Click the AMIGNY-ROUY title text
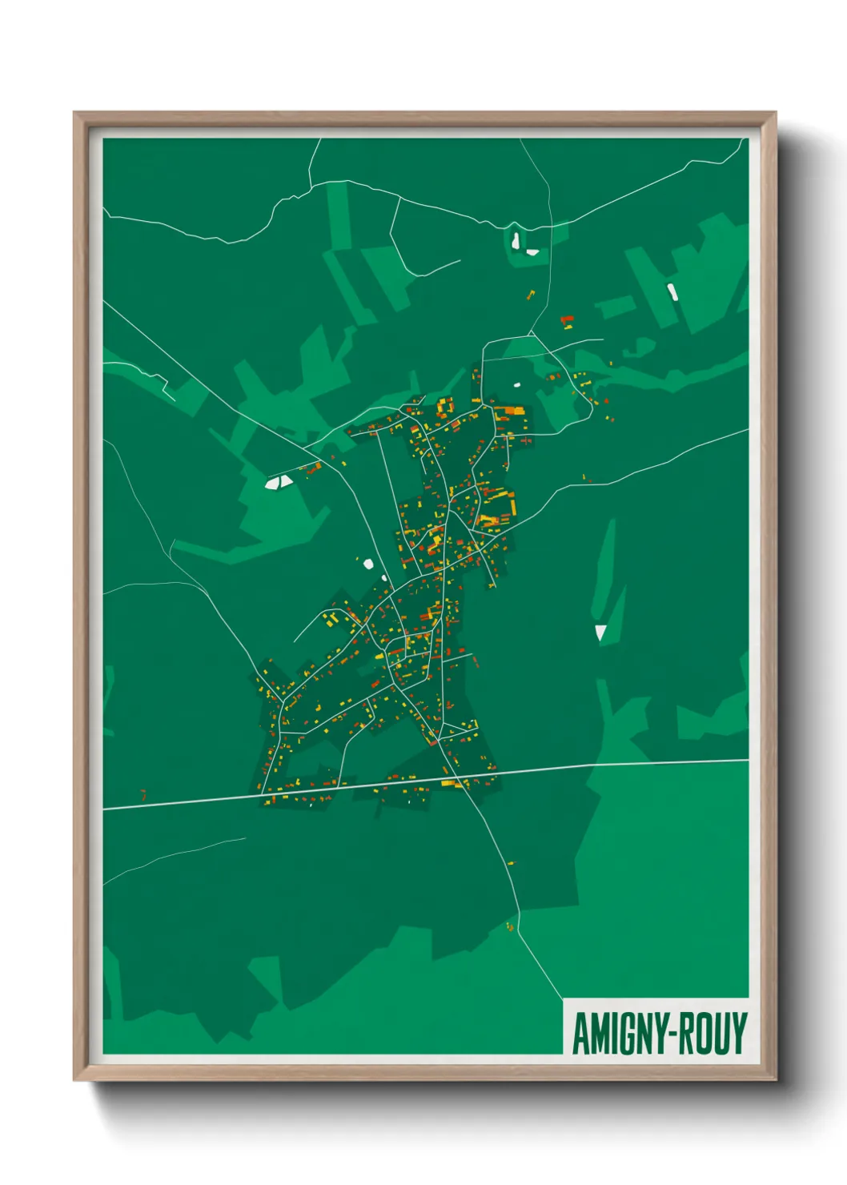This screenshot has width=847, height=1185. [x=659, y=1033]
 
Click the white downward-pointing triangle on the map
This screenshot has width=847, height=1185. [x=600, y=633]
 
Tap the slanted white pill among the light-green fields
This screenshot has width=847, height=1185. [x=672, y=291]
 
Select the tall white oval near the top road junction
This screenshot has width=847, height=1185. [x=516, y=239]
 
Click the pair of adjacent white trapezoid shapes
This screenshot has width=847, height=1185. [x=279, y=482]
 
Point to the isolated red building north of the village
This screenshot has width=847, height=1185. [x=567, y=321]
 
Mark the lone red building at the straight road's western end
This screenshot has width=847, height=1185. [x=143, y=794]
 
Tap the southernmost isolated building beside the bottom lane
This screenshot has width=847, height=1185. [x=509, y=927]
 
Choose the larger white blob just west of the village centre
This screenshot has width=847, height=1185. [x=368, y=564]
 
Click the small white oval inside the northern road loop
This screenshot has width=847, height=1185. [x=516, y=384]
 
